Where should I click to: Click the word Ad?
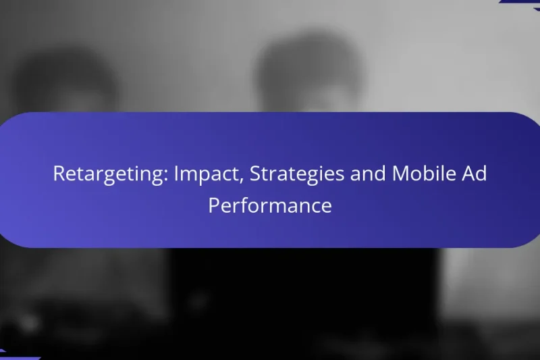[475, 174]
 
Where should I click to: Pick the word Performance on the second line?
[270, 205]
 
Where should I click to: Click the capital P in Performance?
[213, 205]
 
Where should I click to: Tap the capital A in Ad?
[469, 174]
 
